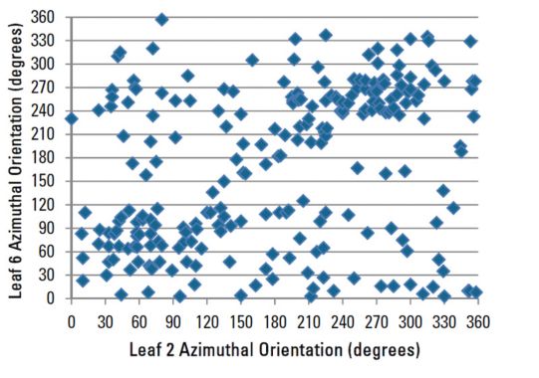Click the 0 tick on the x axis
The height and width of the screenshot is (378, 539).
pos(71,322)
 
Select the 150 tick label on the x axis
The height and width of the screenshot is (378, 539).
pos(240,322)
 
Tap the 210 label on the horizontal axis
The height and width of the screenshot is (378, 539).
pos(309,322)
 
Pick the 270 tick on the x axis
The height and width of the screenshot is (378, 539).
pos(377,322)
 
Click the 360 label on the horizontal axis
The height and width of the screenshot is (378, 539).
pos(479,322)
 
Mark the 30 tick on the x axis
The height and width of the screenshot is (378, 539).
pos(105,322)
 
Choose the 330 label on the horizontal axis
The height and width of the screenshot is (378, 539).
pos(445,322)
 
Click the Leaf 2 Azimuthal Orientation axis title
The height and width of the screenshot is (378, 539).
pos(274,350)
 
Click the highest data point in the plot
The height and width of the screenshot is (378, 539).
pos(161,20)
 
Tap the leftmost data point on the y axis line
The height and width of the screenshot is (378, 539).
pos(71,118)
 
